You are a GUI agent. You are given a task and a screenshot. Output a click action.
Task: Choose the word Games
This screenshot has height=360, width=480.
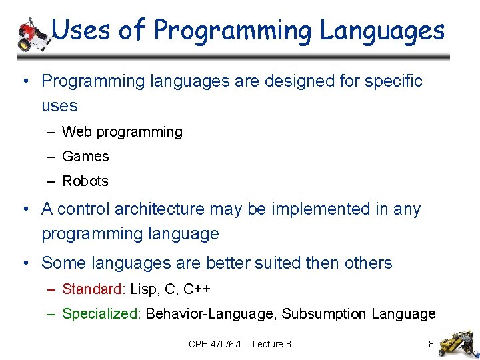85,157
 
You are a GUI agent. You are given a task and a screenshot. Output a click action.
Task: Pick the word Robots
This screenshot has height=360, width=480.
85,181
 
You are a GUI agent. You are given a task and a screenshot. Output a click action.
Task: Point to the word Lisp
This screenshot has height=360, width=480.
144,289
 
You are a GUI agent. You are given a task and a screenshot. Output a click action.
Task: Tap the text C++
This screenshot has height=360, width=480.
197,289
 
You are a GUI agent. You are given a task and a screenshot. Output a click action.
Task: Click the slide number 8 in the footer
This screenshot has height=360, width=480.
431,344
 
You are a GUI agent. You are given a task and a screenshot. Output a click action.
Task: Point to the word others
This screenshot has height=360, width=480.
368,263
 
